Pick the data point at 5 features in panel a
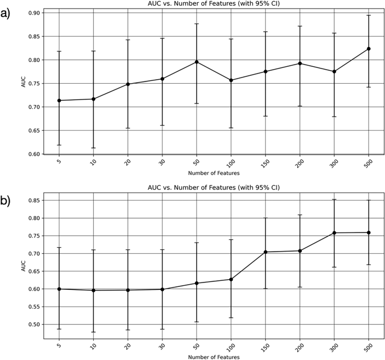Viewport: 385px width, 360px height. coord(59,101)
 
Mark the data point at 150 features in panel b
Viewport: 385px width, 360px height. coord(265,252)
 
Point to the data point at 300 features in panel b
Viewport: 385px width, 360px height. coord(334,233)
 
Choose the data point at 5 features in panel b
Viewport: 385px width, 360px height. coord(59,289)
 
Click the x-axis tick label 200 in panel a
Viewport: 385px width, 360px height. coord(300,167)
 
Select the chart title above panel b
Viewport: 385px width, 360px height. coord(214,187)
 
